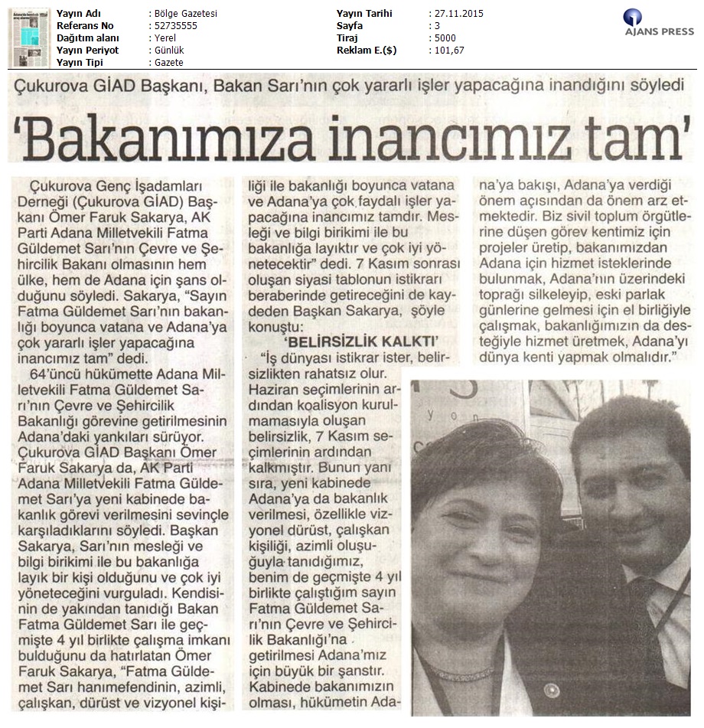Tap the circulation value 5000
(x=446, y=38)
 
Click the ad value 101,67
(x=449, y=51)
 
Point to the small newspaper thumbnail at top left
(x=28, y=38)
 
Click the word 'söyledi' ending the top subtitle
(x=654, y=87)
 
